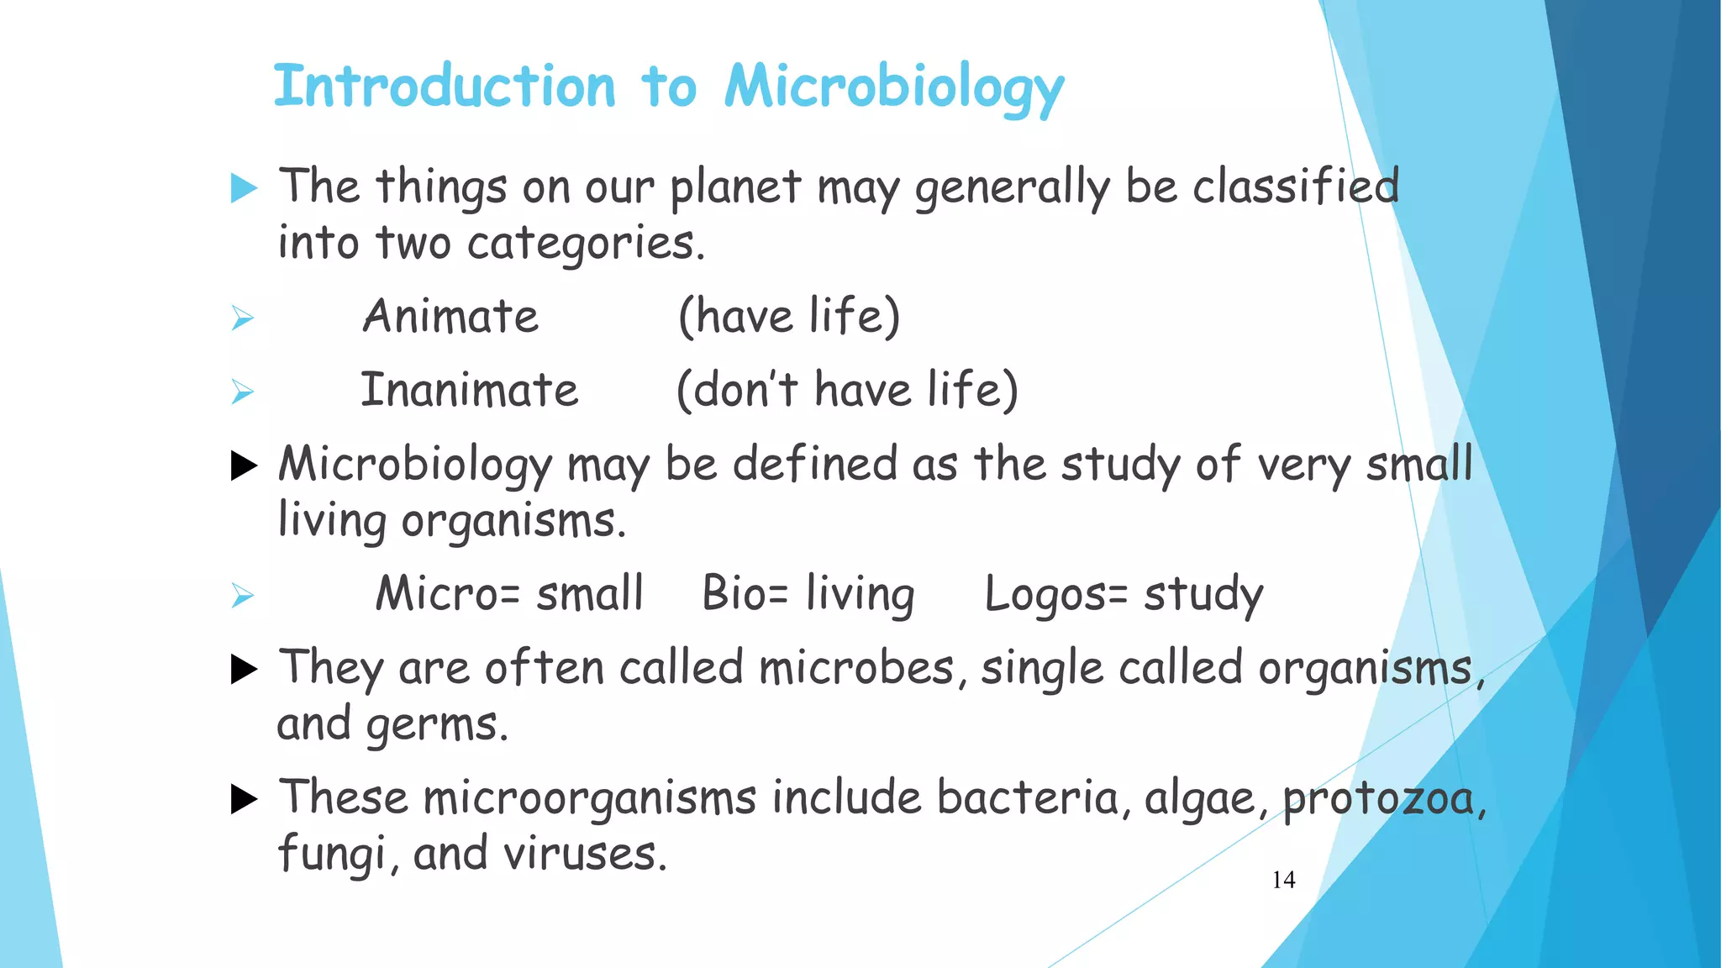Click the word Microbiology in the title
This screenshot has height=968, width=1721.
894,87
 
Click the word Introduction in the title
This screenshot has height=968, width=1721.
445,87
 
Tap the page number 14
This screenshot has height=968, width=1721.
1283,880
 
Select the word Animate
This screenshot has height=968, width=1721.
450,317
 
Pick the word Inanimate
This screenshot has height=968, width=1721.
470,391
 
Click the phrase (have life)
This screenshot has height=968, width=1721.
789,317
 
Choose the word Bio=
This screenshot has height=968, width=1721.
745,594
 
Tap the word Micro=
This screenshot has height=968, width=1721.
448,594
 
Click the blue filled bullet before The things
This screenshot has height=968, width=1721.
244,188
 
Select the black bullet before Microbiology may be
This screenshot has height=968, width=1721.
244,466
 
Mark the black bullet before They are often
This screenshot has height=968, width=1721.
244,669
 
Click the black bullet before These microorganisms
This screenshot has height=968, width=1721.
244,799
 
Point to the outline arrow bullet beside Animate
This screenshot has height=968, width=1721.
243,318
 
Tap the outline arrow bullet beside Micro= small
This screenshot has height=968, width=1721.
243,596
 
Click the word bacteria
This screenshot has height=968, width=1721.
1028,797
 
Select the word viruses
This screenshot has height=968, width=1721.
584,855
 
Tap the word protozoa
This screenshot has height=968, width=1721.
1379,799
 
